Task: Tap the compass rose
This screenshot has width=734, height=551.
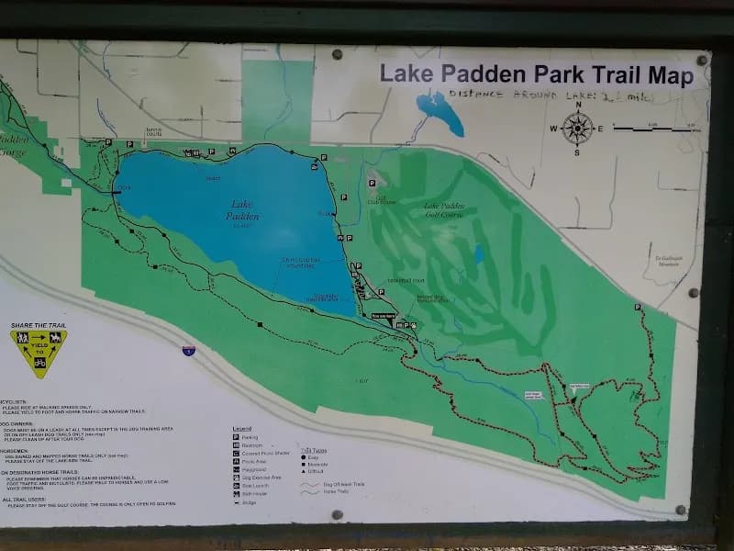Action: (x=577, y=129)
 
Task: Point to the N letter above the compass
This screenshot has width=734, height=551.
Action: (x=578, y=106)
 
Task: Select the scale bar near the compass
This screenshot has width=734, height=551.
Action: (x=648, y=129)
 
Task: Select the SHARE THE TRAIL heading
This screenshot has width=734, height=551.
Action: (x=39, y=326)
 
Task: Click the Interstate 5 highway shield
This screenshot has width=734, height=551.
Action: (x=188, y=351)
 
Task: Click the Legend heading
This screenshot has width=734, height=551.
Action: (x=241, y=429)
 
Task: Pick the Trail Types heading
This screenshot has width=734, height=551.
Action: (x=313, y=450)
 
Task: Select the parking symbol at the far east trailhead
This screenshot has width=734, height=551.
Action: (x=637, y=307)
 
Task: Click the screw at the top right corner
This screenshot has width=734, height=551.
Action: (x=702, y=61)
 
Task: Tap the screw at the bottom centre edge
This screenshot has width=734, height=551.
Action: (x=337, y=514)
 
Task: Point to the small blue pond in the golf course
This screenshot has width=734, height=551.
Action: (x=478, y=254)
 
